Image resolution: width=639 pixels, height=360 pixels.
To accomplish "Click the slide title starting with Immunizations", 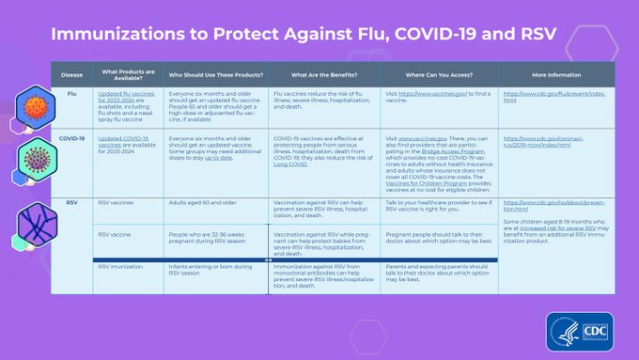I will pos(304,35).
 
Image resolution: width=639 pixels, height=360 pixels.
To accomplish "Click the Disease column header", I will pos(72,74).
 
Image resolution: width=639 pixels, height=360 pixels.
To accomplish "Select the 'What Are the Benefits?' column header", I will pos(324,74).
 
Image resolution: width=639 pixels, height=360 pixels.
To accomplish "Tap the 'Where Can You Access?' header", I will pos(439,74).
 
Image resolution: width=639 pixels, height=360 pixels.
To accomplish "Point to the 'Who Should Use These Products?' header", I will pos(215,74).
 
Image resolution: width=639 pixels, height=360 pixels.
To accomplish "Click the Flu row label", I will pos(72,94).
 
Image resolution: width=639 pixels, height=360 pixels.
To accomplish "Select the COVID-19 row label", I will pos(72,137).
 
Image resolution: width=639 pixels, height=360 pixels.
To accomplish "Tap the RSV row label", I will pos(72,202).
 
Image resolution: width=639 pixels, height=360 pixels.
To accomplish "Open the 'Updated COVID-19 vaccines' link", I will pos(125,141).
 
